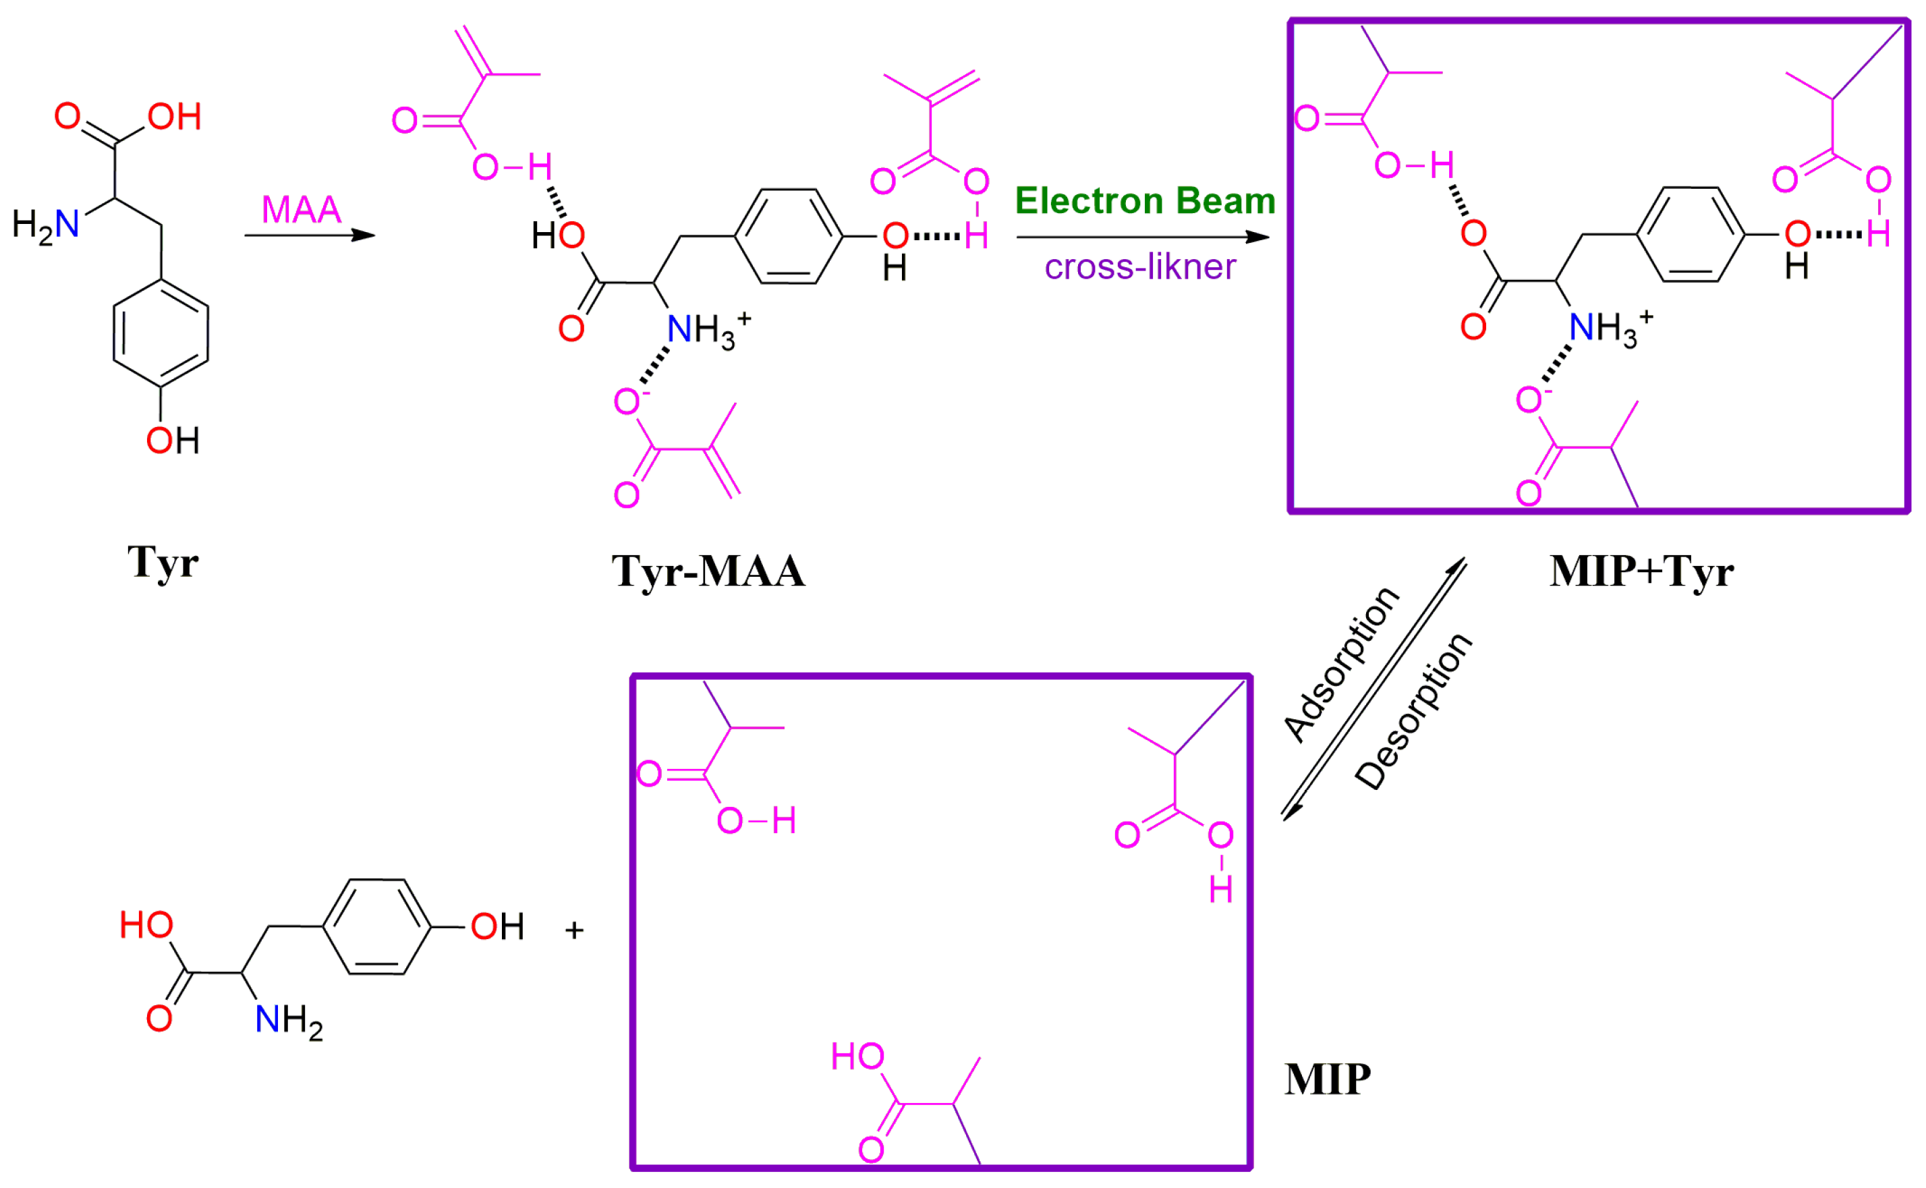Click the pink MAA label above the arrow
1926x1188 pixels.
pos(301,210)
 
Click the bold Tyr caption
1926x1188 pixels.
pos(163,563)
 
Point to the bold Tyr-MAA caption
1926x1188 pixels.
pos(708,571)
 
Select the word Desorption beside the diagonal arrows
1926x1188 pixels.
pos(1413,711)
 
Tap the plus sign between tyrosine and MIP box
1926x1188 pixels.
pos(574,930)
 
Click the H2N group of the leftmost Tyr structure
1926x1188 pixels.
pos(46,225)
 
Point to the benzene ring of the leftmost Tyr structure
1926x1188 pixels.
pos(161,333)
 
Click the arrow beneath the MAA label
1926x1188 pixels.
pos(310,235)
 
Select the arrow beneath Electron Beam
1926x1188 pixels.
pos(1142,237)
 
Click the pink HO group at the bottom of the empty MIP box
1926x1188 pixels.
pos(857,1056)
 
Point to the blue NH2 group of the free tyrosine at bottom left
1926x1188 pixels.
pos(288,1021)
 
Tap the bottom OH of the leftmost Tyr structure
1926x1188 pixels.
pos(173,441)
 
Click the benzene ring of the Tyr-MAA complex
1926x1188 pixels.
pos(788,235)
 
